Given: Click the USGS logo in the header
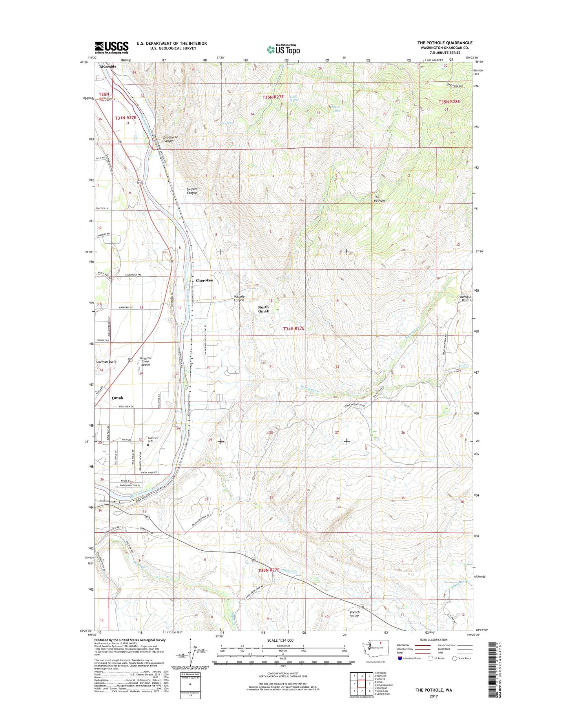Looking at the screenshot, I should click(111, 47).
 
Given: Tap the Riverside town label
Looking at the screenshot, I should click(108, 67).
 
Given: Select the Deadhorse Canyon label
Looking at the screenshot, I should click(171, 139).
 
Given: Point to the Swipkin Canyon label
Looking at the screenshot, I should click(192, 191).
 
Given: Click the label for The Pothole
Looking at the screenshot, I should click(379, 199).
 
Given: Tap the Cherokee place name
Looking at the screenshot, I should click(204, 280).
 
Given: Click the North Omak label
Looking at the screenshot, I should click(263, 309).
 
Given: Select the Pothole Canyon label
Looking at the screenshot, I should click(239, 298).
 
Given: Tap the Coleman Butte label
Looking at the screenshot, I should click(106, 361).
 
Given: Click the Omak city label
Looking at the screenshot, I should click(117, 398).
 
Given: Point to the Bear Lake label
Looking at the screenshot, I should click(336, 109).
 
